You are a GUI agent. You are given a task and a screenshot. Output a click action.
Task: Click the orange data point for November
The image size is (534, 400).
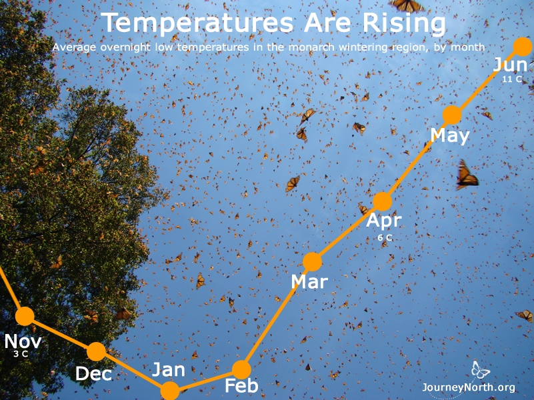(x=25, y=316)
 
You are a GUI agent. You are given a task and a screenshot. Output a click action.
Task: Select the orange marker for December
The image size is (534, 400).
(x=97, y=351)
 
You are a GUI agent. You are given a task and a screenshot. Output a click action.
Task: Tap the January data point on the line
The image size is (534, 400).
(x=169, y=391)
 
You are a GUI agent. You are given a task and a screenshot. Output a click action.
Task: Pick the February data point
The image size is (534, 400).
(x=241, y=370)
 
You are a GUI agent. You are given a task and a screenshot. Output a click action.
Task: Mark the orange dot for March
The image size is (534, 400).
(x=312, y=262)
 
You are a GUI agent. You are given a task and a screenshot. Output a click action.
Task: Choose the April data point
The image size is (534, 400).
(x=383, y=201)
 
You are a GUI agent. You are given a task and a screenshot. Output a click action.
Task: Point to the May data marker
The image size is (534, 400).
(x=452, y=115)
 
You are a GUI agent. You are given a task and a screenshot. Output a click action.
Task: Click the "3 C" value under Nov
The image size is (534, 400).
(x=21, y=354)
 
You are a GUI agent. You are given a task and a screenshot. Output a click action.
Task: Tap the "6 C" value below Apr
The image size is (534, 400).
(x=385, y=237)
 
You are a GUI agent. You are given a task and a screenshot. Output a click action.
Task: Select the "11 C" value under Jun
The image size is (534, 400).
(x=512, y=79)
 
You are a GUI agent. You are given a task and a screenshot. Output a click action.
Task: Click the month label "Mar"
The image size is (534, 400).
(x=309, y=282)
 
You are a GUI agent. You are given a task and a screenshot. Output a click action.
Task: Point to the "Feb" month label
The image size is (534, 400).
(x=241, y=386)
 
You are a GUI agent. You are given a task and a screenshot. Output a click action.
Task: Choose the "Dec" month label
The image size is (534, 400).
(x=93, y=373)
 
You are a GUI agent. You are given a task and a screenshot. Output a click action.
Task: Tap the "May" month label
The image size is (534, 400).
(x=450, y=136)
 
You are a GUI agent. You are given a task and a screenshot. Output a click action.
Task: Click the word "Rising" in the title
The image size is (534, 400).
(x=404, y=23)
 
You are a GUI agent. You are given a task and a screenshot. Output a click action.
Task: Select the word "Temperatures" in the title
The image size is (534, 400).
(x=197, y=23)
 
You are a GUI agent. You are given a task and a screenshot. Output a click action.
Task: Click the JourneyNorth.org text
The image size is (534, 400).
(x=469, y=387)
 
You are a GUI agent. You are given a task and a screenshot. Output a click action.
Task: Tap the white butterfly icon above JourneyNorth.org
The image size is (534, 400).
(x=480, y=370)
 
